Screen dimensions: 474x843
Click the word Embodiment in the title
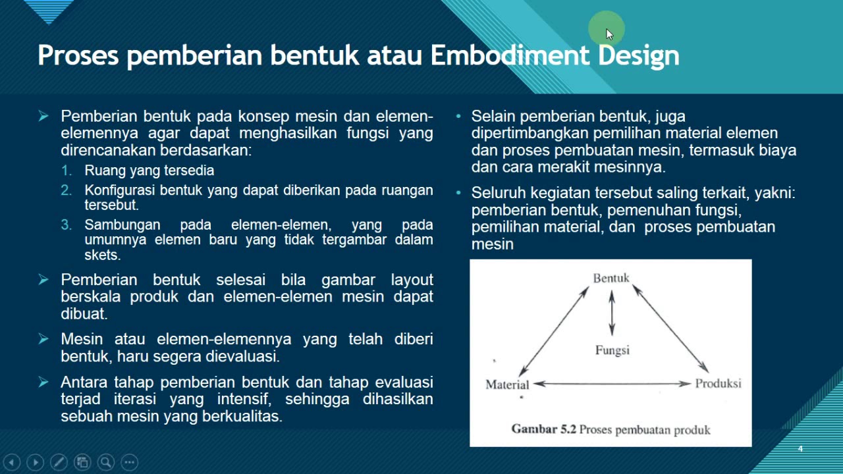[x=510, y=55]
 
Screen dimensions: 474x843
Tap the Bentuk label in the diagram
[x=611, y=278]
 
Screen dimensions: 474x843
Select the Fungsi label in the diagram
[x=612, y=350]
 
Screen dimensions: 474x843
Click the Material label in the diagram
[x=507, y=384]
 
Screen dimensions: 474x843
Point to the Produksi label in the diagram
[x=718, y=383]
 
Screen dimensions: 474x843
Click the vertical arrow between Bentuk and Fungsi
[x=612, y=313]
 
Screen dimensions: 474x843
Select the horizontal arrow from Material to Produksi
[x=612, y=384]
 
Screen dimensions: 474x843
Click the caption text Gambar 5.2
[x=544, y=429]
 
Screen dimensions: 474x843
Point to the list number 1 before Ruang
[x=67, y=171]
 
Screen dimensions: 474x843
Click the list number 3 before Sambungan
[x=67, y=224]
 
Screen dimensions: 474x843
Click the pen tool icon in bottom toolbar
[x=59, y=462]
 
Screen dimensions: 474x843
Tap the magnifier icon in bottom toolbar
[x=105, y=462]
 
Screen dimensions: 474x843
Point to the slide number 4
[x=800, y=449]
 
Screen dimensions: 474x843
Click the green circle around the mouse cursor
[x=606, y=30]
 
